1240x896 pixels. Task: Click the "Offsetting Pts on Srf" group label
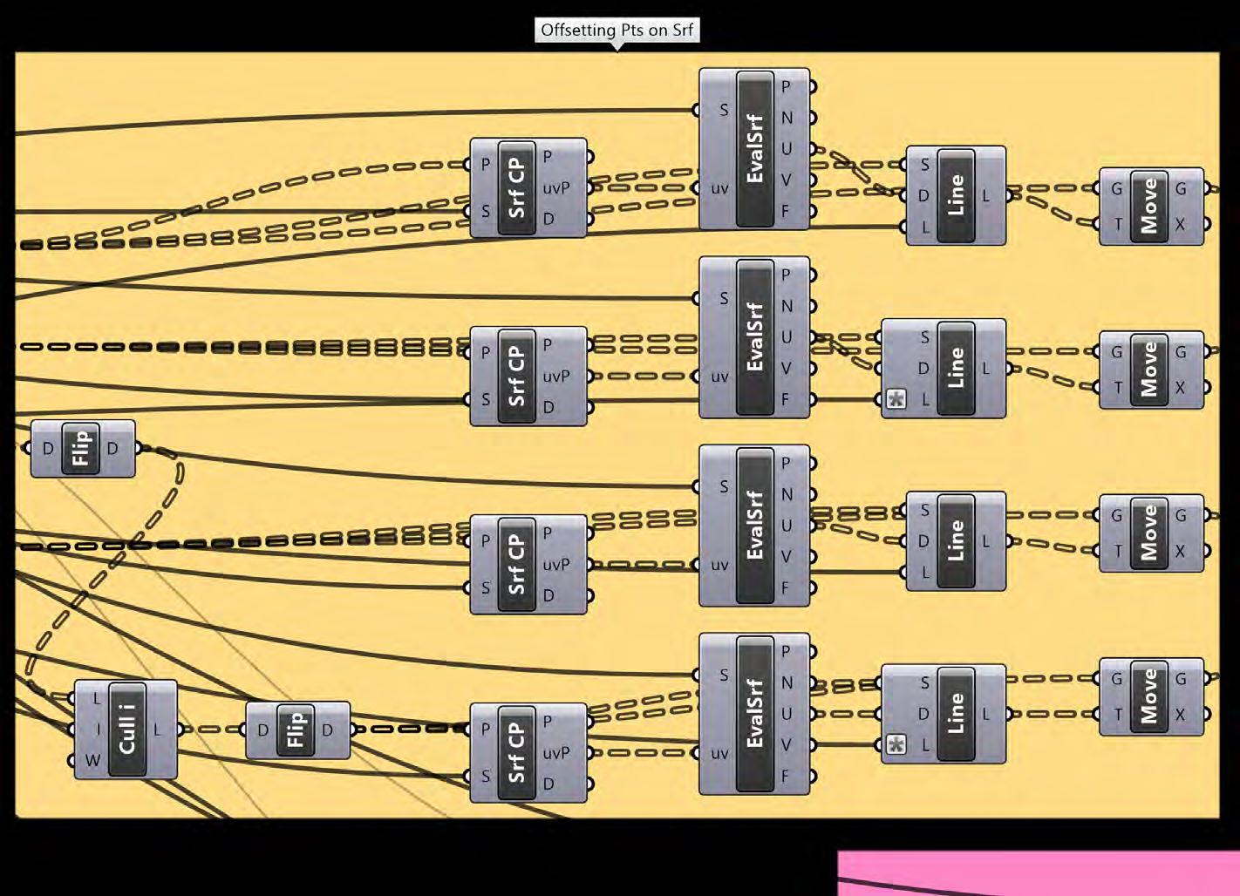617,31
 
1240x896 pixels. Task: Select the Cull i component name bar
126,730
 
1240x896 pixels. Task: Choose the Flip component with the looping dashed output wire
81,449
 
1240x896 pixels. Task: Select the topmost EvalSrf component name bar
755,149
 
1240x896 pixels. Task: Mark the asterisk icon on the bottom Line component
896,745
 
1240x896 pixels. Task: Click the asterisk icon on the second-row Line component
896,400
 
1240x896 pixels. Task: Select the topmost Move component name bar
1149,207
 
